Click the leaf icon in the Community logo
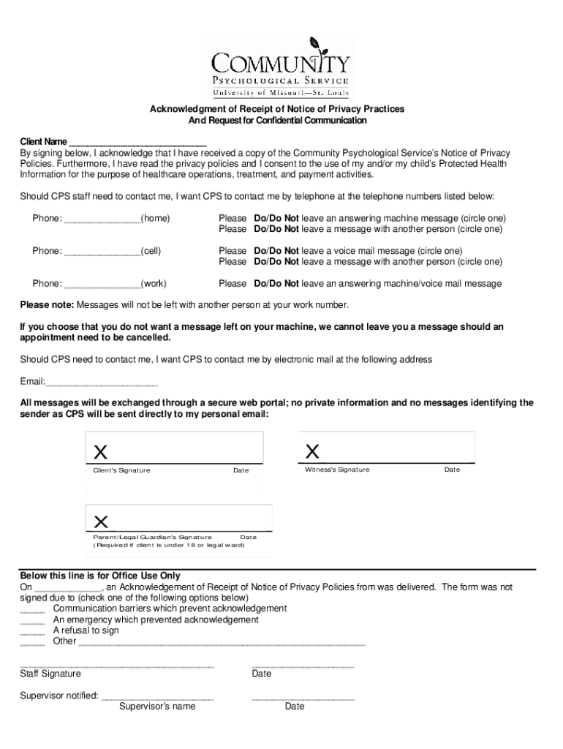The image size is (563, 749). coord(315,44)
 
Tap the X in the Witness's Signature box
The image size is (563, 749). coord(311,451)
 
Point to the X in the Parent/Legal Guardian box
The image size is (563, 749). coord(101,522)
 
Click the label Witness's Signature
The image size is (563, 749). coord(337,470)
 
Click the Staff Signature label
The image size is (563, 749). coord(50,674)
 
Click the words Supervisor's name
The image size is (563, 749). coord(157,707)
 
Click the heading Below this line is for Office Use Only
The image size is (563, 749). coord(99,576)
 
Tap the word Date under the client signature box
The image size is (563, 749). coord(241,470)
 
